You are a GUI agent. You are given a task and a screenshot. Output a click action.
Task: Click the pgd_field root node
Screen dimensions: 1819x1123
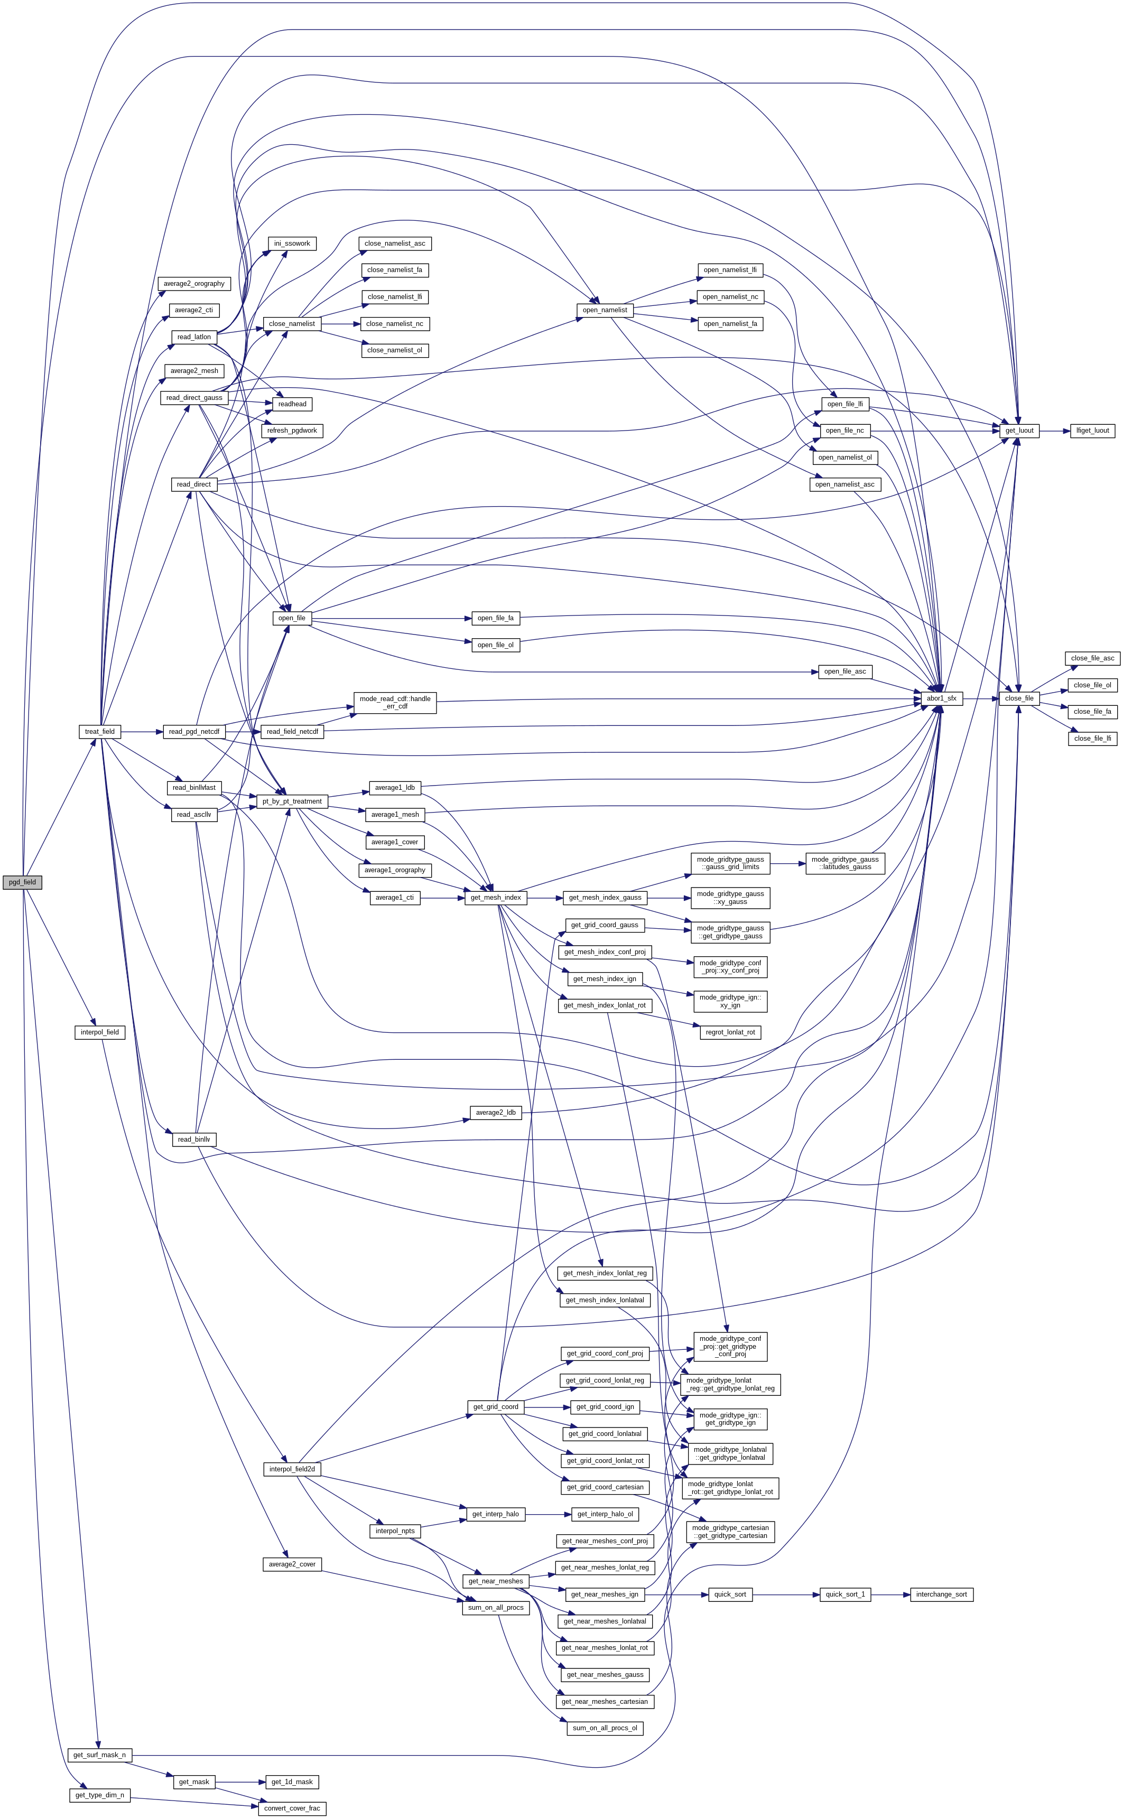tap(22, 882)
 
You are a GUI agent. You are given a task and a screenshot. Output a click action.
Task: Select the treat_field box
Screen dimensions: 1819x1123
tap(99, 731)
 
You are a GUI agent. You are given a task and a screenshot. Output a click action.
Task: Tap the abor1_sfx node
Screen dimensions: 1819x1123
tap(941, 698)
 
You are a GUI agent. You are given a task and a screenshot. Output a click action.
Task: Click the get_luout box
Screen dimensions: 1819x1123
tap(1019, 431)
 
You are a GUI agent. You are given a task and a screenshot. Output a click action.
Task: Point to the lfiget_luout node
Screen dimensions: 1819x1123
tap(1092, 431)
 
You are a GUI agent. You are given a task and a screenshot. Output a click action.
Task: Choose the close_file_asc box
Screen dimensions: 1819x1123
tap(1092, 658)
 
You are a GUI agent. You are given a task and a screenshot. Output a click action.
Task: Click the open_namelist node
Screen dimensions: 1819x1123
tap(605, 310)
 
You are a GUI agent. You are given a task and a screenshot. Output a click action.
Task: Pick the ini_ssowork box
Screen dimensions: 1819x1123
tap(292, 244)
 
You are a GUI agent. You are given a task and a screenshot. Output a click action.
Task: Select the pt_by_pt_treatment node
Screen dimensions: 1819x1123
tap(292, 801)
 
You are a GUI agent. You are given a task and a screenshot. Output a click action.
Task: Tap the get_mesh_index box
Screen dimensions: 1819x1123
tap(495, 898)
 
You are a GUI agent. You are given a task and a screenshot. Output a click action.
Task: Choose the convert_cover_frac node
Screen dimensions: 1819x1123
tap(292, 1808)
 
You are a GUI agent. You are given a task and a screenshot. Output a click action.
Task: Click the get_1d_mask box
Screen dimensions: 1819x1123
tap(292, 1781)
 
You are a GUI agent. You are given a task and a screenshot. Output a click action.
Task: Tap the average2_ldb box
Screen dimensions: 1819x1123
tap(495, 1112)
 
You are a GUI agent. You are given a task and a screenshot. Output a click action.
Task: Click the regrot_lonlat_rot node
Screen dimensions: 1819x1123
tap(730, 1032)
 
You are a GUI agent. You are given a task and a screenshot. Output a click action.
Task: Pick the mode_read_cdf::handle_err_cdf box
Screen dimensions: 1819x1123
tap(394, 702)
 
